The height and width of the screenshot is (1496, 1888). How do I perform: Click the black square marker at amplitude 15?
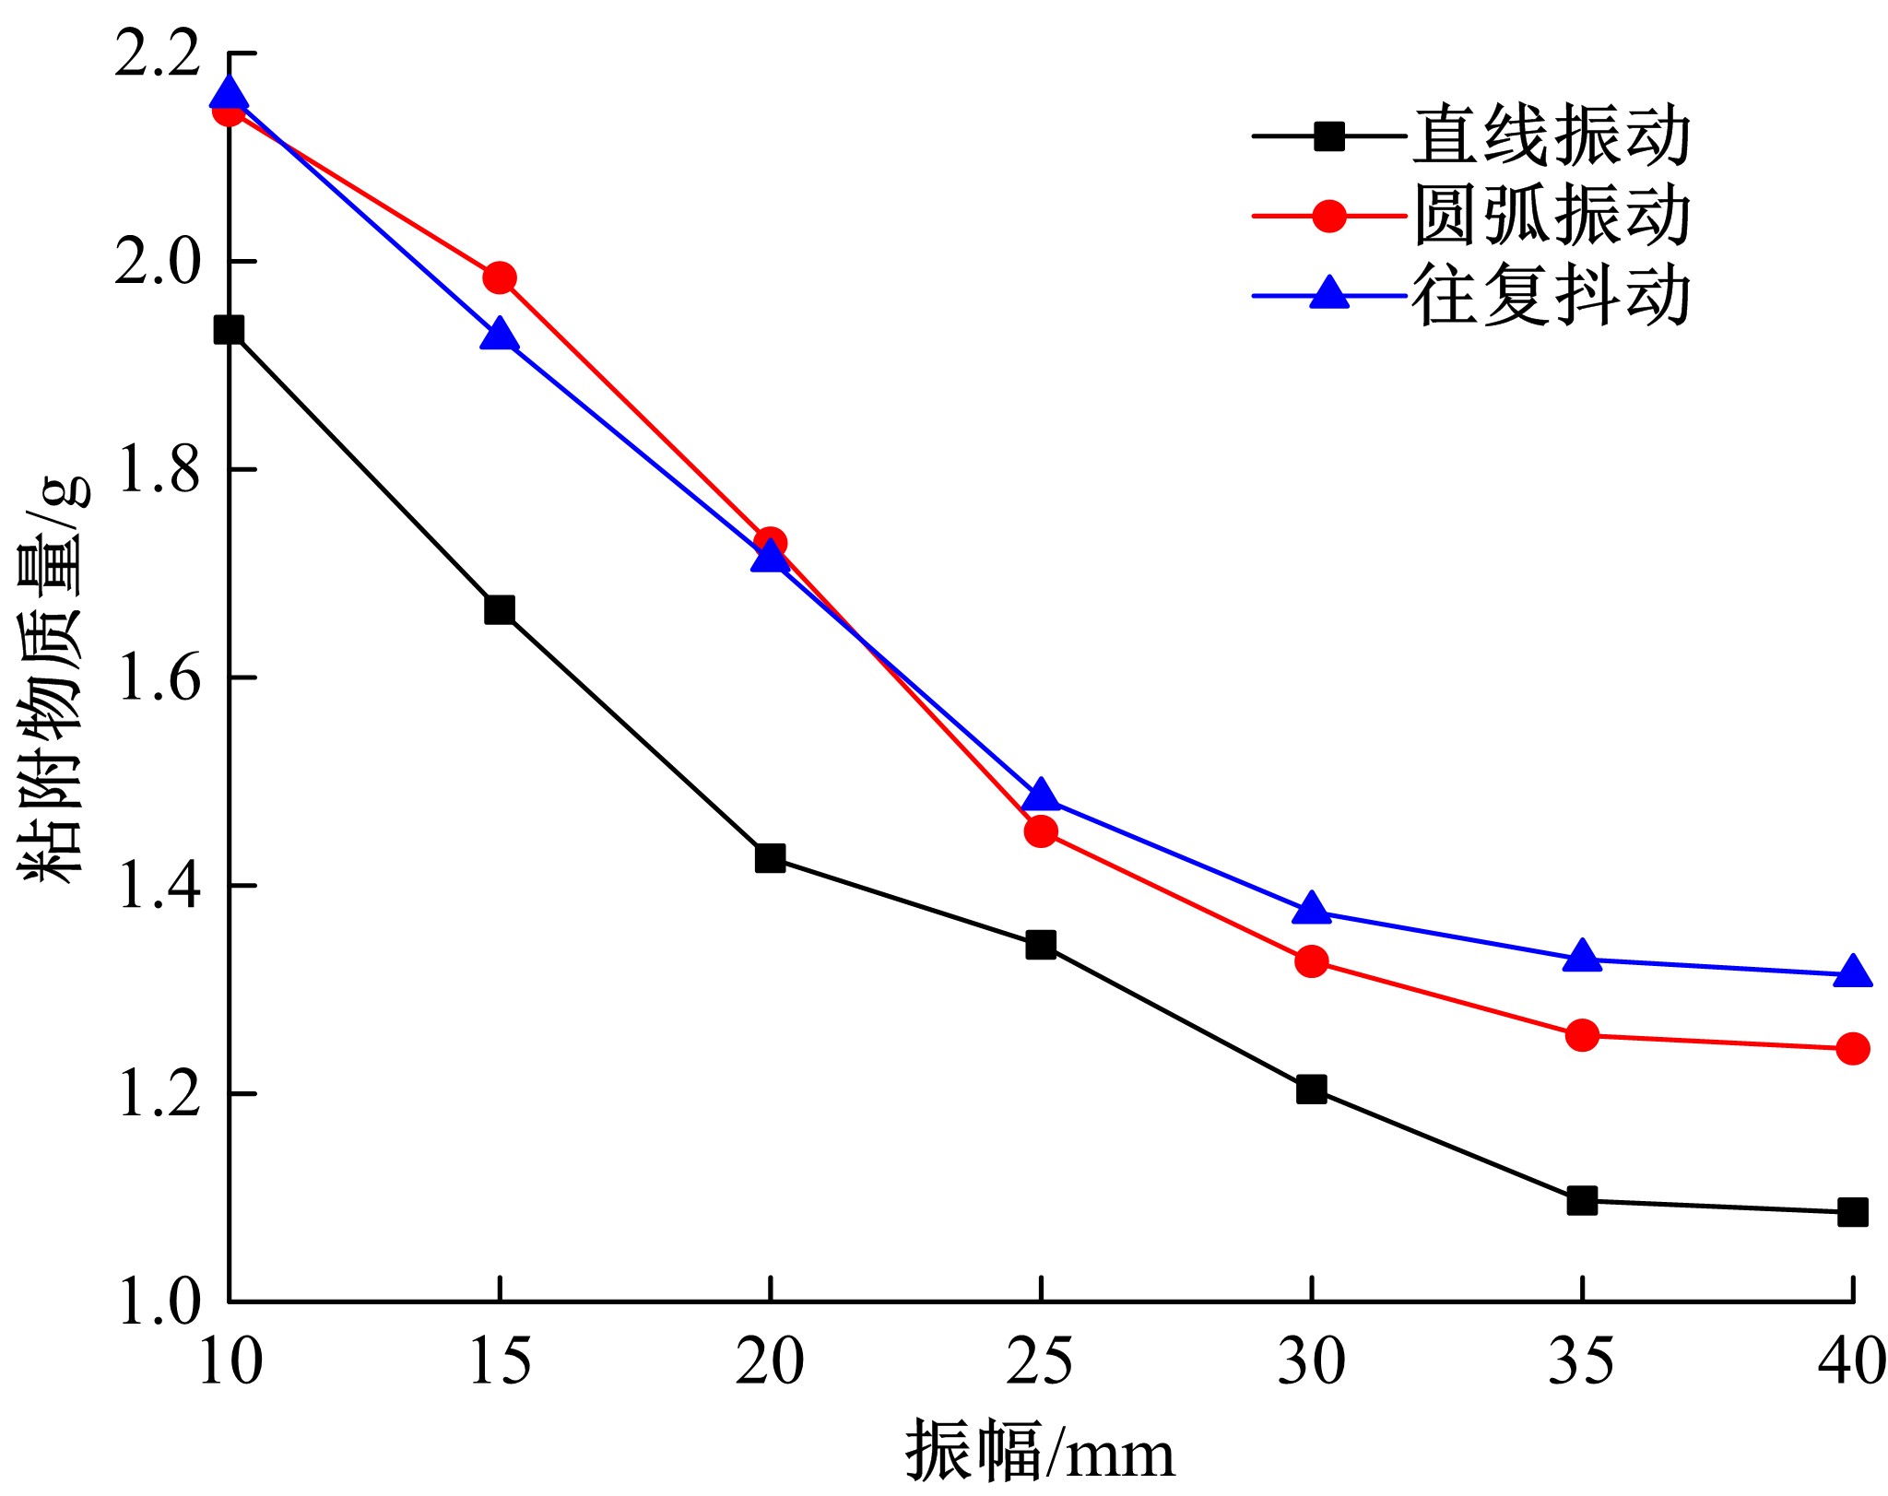pos(499,609)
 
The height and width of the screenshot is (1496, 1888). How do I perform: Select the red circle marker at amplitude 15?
pos(499,277)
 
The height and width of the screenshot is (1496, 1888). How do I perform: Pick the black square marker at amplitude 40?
pos(1852,1212)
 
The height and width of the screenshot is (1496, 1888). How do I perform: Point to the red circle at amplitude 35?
pos(1582,1035)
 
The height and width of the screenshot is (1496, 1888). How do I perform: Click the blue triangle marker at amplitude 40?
pos(1852,973)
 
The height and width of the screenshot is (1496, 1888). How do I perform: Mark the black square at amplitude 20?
pos(770,858)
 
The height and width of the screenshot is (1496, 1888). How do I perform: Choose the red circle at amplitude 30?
pos(1311,961)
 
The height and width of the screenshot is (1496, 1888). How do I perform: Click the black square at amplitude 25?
pos(1041,945)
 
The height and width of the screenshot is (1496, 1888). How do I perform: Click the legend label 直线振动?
pos(1552,136)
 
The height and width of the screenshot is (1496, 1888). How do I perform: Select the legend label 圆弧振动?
pos(1552,216)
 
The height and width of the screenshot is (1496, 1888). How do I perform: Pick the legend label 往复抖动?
pos(1552,296)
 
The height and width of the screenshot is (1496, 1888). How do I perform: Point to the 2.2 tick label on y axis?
pos(158,53)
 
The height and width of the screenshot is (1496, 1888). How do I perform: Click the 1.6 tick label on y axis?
pos(158,678)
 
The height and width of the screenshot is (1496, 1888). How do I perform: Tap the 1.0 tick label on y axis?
pos(158,1302)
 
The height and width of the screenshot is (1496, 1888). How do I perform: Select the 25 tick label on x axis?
pos(1040,1361)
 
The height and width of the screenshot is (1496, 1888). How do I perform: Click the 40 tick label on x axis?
pos(1851,1361)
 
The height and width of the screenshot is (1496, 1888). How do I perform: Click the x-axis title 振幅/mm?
pos(1040,1452)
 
